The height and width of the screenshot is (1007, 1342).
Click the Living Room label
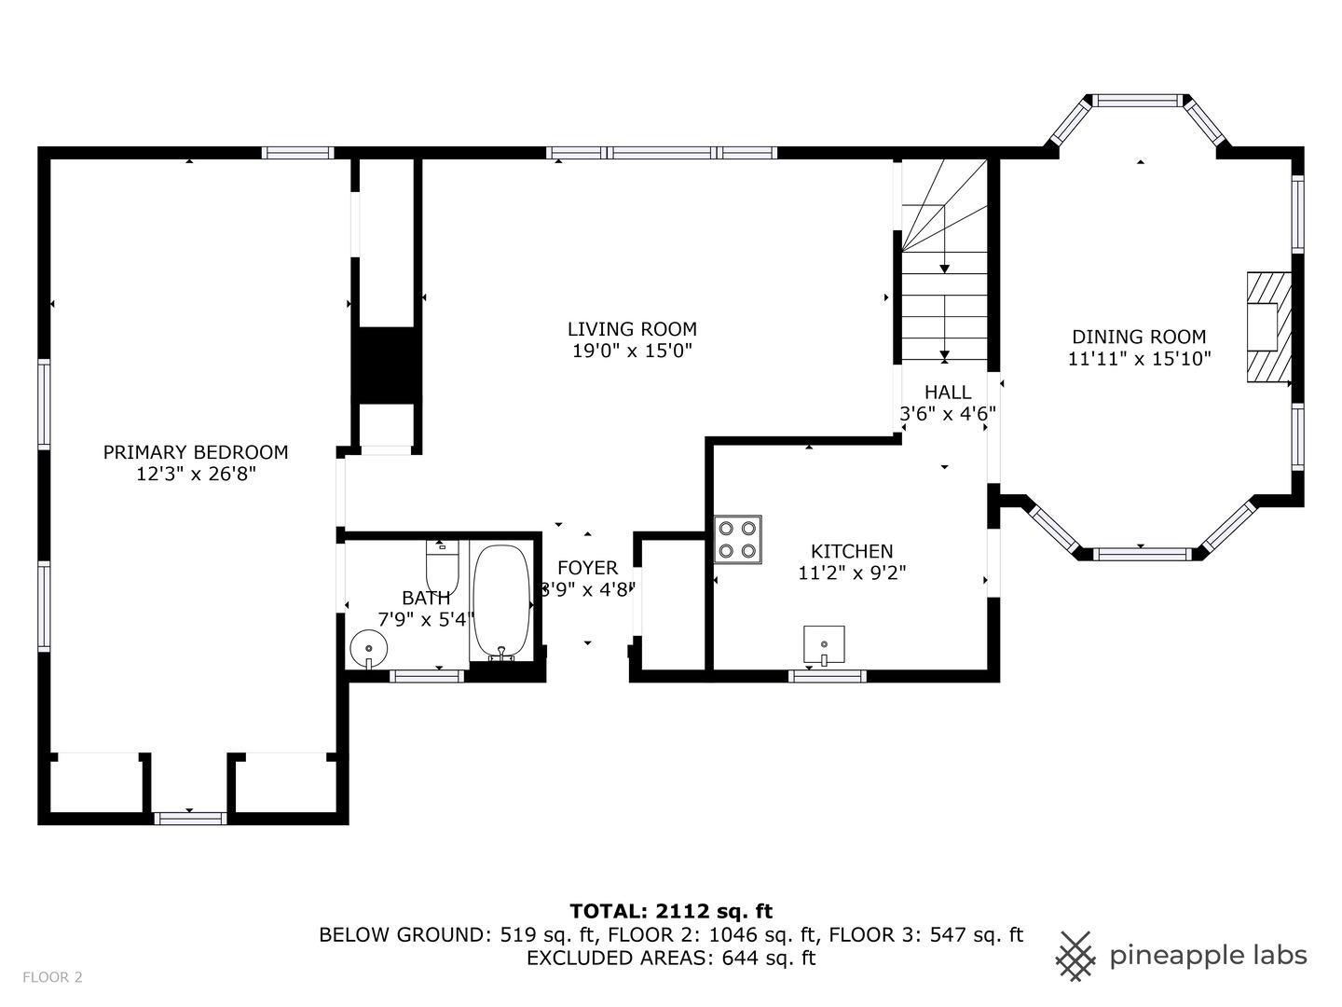pyautogui.click(x=632, y=329)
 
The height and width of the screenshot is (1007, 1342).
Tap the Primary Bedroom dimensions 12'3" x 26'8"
pyautogui.click(x=196, y=475)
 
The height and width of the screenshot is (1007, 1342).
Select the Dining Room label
pyautogui.click(x=1139, y=337)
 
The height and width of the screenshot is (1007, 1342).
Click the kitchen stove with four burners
pyautogui.click(x=738, y=540)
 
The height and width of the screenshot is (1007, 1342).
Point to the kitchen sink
pyautogui.click(x=824, y=644)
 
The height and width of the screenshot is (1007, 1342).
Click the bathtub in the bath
pyautogui.click(x=501, y=603)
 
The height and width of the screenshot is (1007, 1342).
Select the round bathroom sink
pyautogui.click(x=367, y=647)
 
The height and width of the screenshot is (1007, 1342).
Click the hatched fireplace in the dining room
pyautogui.click(x=1268, y=326)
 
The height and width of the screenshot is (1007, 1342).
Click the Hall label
pyautogui.click(x=948, y=393)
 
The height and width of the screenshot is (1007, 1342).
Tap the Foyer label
pyautogui.click(x=587, y=568)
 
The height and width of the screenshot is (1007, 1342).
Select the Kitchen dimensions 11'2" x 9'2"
pyautogui.click(x=852, y=573)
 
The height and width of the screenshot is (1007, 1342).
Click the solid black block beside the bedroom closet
pyautogui.click(x=386, y=365)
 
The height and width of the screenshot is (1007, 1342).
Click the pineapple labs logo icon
pyautogui.click(x=1075, y=956)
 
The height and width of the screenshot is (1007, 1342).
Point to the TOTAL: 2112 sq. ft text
pyautogui.click(x=671, y=911)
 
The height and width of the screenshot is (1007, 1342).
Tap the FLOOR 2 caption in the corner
pyautogui.click(x=52, y=977)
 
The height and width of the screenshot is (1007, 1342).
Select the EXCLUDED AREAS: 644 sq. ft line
pyautogui.click(x=671, y=958)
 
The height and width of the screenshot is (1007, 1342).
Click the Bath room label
pyautogui.click(x=426, y=598)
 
